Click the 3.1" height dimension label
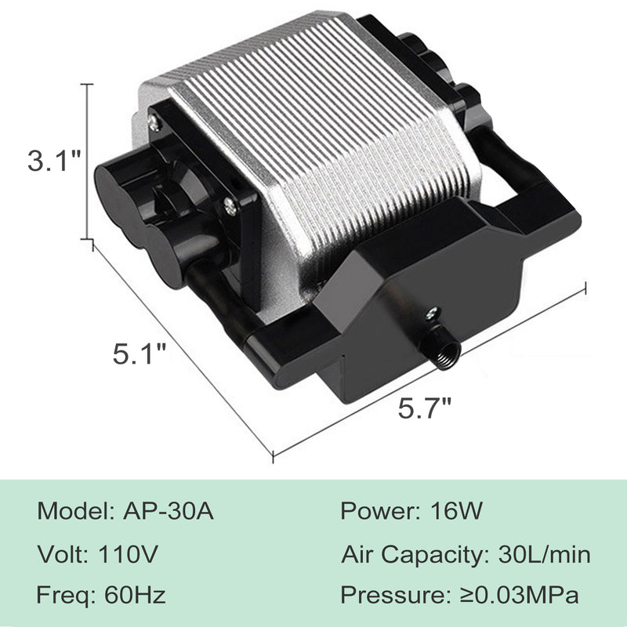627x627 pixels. [54, 161]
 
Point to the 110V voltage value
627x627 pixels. [128, 554]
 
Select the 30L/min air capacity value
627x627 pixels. [544, 554]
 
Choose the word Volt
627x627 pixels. [60, 554]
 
